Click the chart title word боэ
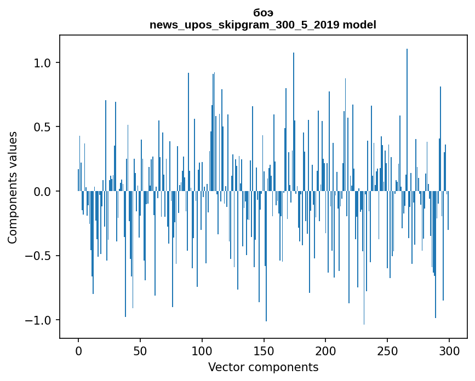point(263,13)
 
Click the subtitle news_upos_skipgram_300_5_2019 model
point(263,25)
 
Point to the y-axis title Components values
point(13,187)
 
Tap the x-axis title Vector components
point(263,367)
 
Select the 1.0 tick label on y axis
point(42,63)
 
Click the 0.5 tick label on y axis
point(42,127)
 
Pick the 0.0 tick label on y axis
point(42,192)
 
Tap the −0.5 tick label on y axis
point(39,256)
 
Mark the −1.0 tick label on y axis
point(39,320)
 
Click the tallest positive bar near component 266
point(407,109)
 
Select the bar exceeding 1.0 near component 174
point(294,109)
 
